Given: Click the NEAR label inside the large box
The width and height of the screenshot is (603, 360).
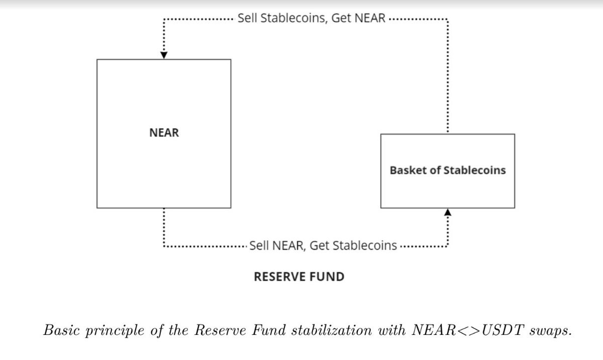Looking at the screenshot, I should click(x=164, y=133).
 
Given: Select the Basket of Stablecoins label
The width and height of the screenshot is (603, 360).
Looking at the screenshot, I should click(x=447, y=170).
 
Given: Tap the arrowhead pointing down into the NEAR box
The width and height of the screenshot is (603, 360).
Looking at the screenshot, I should click(x=163, y=55).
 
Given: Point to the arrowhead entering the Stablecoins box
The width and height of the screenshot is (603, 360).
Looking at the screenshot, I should click(x=448, y=213).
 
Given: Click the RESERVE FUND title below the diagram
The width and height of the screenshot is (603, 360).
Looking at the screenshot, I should click(x=299, y=277).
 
